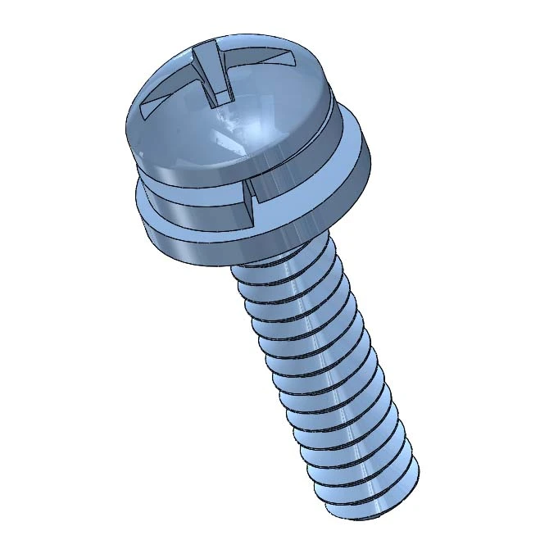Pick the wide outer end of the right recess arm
point(291,59)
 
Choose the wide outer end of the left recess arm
point(147,107)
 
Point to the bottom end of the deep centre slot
point(221,102)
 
